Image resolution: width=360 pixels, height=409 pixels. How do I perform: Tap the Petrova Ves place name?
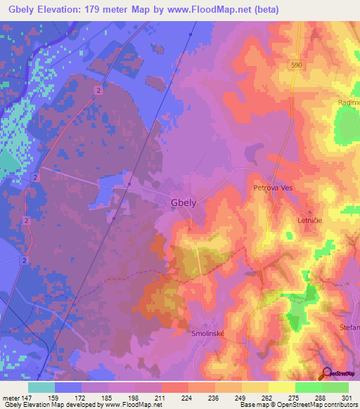pyautogui.click(x=272, y=188)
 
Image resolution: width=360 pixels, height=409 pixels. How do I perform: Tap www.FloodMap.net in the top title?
pyautogui.click(x=212, y=10)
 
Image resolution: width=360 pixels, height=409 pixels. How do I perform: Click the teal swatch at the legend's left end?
pyautogui.click(x=41, y=387)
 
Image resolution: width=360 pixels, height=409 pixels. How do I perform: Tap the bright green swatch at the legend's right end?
pyautogui.click(x=335, y=387)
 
